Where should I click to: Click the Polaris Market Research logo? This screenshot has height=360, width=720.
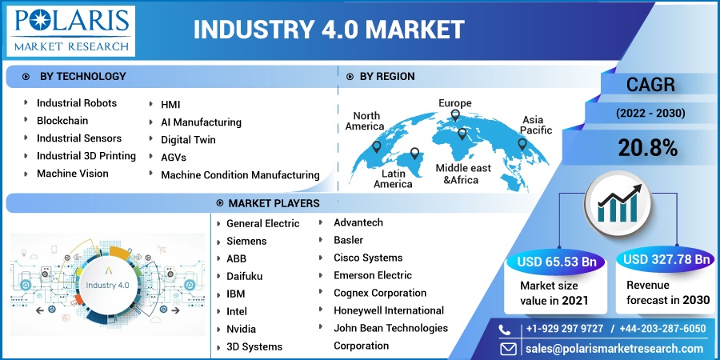coord(72,30)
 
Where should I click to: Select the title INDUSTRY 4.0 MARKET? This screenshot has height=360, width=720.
coord(329,30)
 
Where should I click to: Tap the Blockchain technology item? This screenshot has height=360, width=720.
coord(62,121)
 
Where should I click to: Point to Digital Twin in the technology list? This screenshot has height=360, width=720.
coord(188,139)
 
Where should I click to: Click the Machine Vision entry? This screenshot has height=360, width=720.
coord(73,174)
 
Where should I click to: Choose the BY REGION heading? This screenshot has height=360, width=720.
coord(387,77)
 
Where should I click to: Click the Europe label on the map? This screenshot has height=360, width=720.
coord(455,103)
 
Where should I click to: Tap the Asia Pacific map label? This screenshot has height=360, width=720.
coord(536,125)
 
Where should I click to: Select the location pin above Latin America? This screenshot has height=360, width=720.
coord(414,154)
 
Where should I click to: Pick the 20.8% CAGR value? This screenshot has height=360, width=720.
coord(648,148)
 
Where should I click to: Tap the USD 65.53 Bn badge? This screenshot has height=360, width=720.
coord(557,262)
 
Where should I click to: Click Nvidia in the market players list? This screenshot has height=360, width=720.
coord(241,330)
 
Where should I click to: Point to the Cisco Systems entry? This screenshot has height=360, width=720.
coord(368,258)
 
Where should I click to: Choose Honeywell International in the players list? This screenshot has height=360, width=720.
coord(389,311)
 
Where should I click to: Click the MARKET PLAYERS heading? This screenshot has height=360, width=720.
coord(274,203)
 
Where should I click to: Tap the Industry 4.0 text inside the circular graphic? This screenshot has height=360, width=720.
coord(107,285)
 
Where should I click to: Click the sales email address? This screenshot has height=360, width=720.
coord(615,349)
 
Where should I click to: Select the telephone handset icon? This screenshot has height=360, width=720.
coord(505,330)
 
